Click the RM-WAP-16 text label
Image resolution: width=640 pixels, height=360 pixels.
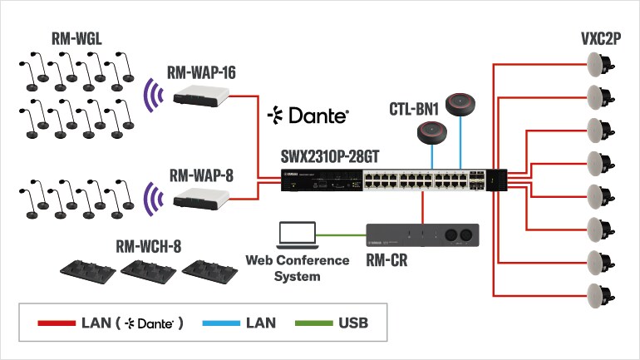pyautogui.click(x=201, y=73)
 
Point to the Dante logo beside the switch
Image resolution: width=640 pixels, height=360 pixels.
pyautogui.click(x=308, y=116)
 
